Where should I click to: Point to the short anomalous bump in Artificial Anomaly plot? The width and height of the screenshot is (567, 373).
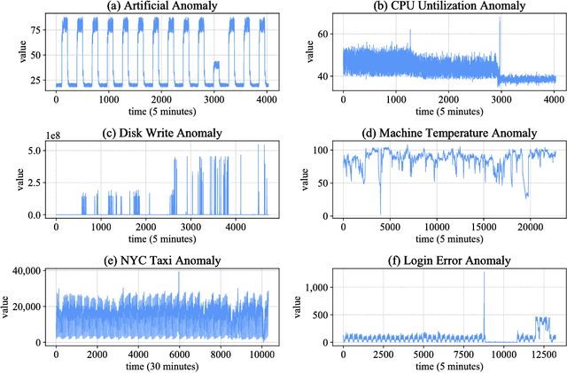tap(217, 63)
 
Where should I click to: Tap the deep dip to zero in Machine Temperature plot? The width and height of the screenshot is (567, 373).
tap(381, 213)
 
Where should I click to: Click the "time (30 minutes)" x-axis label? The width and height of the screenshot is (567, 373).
tap(161, 366)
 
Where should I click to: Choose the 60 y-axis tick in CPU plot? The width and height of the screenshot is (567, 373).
tap(322, 34)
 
